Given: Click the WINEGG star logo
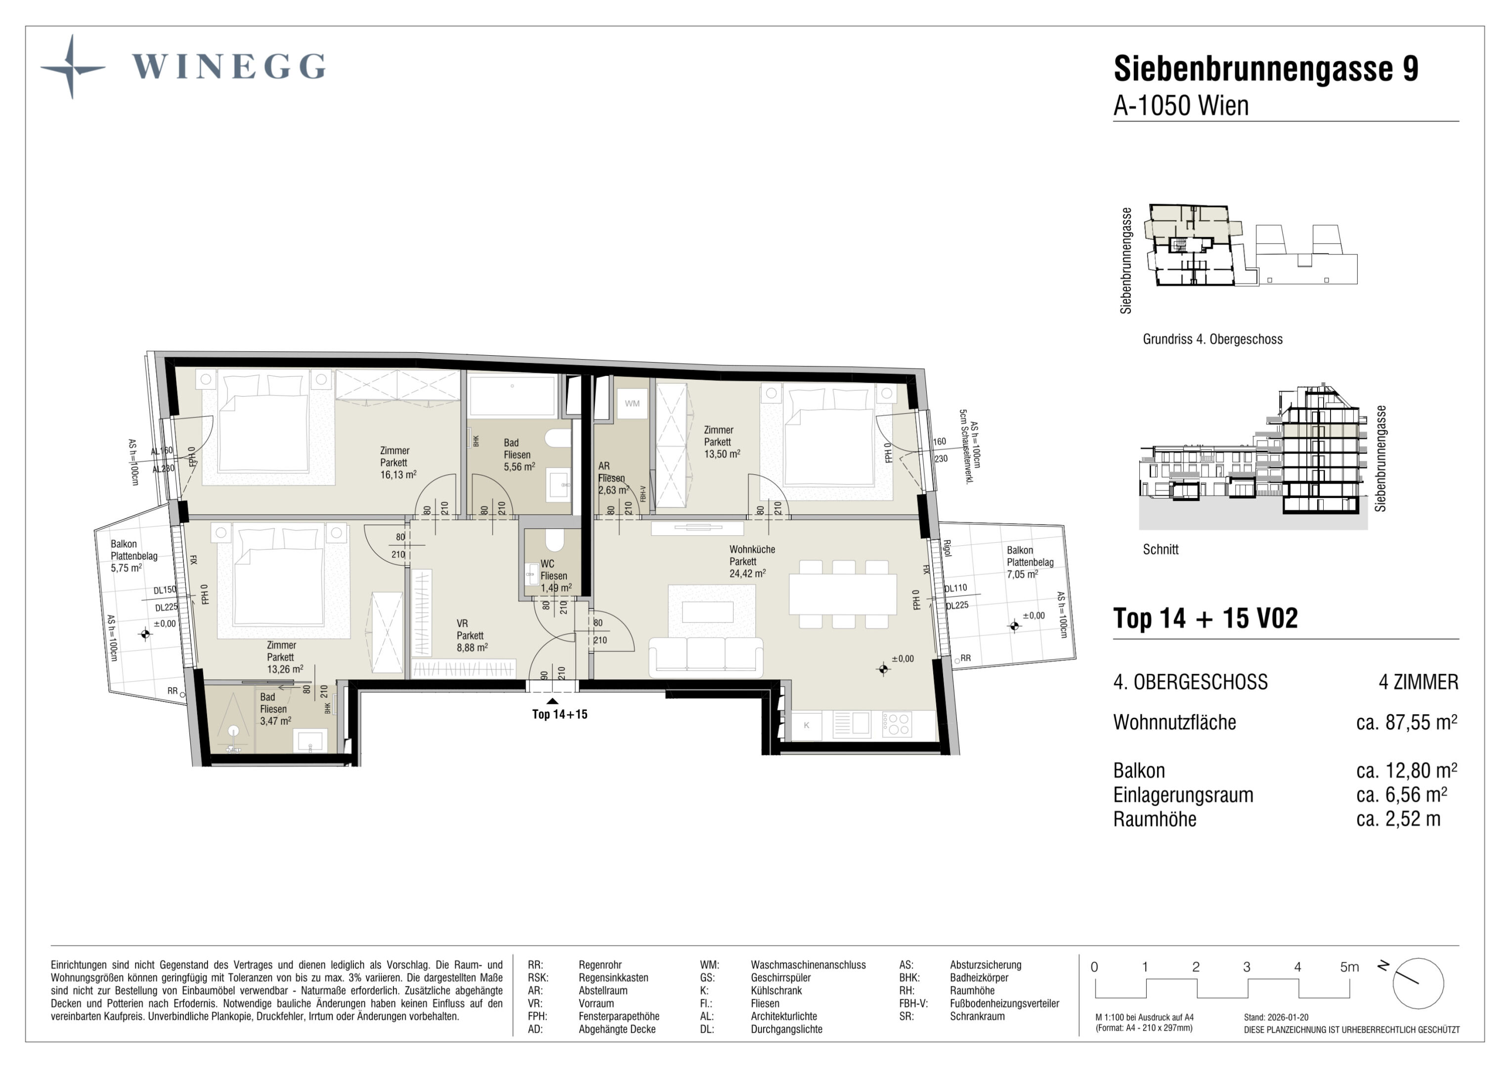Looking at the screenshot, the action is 72,67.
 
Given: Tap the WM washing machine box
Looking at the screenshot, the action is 632,404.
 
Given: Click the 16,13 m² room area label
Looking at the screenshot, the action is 398,475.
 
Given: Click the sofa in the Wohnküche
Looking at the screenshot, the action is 706,657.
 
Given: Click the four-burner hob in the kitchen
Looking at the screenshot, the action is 897,725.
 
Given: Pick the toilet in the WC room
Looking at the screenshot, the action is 555,540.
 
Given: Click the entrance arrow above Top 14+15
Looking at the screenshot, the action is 553,701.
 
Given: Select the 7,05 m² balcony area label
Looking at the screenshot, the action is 1023,575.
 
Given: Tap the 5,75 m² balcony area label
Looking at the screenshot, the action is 126,568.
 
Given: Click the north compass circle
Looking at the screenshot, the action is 1418,984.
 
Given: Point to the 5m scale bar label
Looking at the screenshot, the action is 1349,967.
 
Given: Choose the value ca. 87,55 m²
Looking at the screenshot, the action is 1407,723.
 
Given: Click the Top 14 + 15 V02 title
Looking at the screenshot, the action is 1206,618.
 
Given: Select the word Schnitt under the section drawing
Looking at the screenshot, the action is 1161,550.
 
